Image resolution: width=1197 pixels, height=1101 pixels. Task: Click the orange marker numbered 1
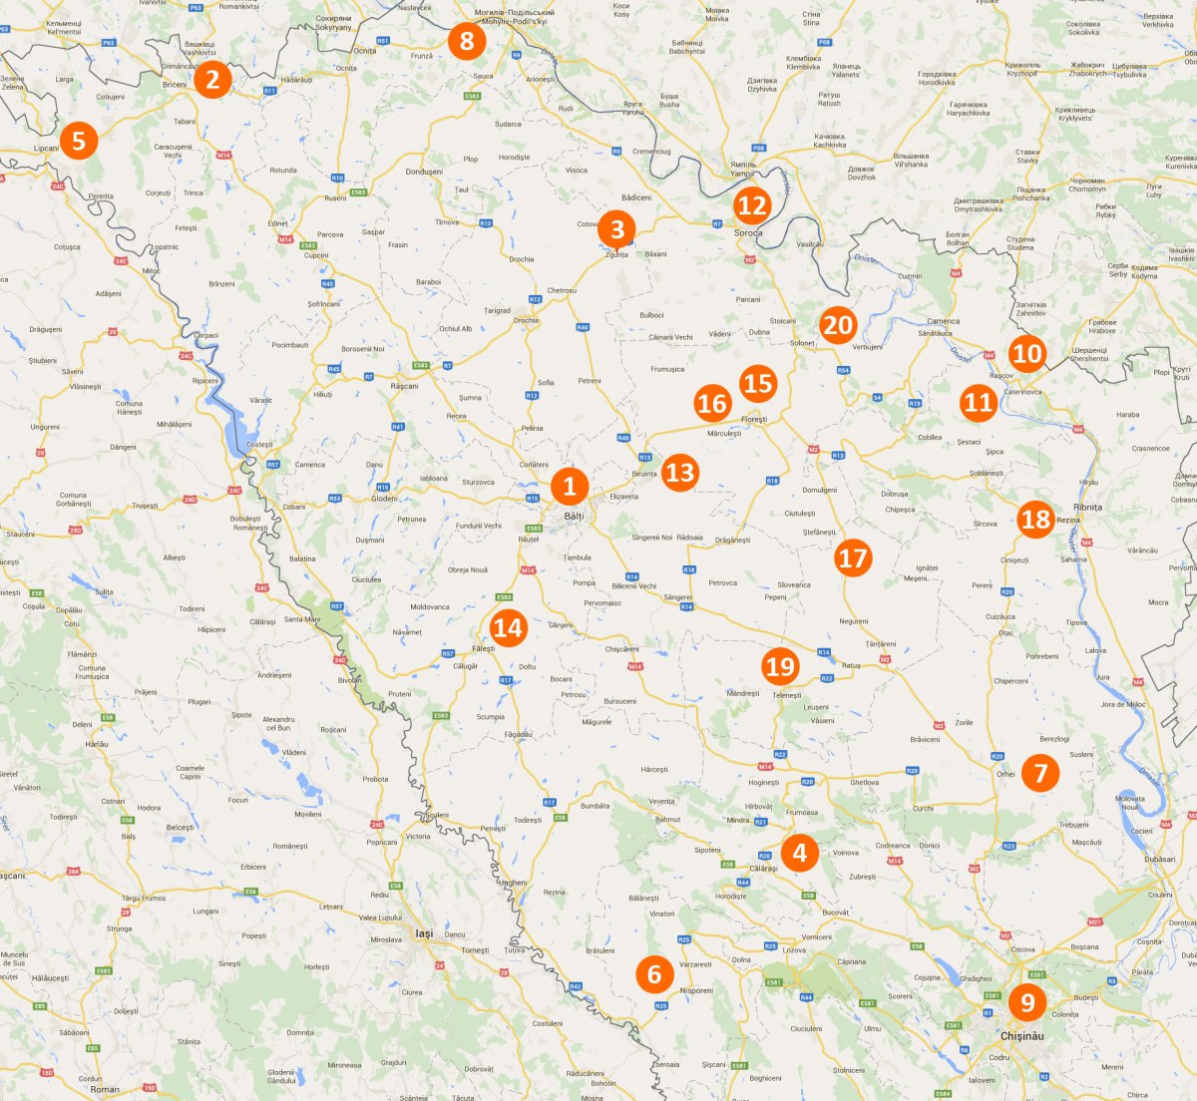coord(570,486)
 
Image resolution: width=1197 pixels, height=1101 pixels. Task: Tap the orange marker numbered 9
coord(1027,1001)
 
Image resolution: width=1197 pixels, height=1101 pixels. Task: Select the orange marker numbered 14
coord(508,627)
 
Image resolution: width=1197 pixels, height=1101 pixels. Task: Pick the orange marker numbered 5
coord(79,141)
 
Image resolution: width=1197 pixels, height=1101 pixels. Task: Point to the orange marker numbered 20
coord(838,325)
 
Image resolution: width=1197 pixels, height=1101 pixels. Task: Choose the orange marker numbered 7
coord(1040,772)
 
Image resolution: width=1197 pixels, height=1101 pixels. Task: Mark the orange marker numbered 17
coord(853,556)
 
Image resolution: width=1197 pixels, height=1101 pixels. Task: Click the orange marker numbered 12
coord(752,205)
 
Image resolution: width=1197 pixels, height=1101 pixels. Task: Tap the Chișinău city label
coord(1021,1036)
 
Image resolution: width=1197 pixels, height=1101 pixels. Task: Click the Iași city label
coord(424,933)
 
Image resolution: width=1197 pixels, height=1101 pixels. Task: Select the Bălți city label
coord(574,517)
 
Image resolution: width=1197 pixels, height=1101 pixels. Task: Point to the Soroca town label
coord(748,233)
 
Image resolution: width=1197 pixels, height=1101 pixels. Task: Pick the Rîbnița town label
coord(1087,507)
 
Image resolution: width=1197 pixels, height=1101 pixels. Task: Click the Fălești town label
coord(483,648)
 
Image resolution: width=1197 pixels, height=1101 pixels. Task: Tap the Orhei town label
coord(1005,774)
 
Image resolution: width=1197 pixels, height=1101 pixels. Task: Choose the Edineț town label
coord(278,223)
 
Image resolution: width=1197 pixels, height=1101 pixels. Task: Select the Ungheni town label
coord(513,883)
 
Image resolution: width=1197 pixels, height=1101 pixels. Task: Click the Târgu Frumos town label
coord(144,898)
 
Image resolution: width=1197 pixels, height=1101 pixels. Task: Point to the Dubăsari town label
coord(1159,859)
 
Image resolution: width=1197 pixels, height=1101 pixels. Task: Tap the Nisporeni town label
coord(696,990)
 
